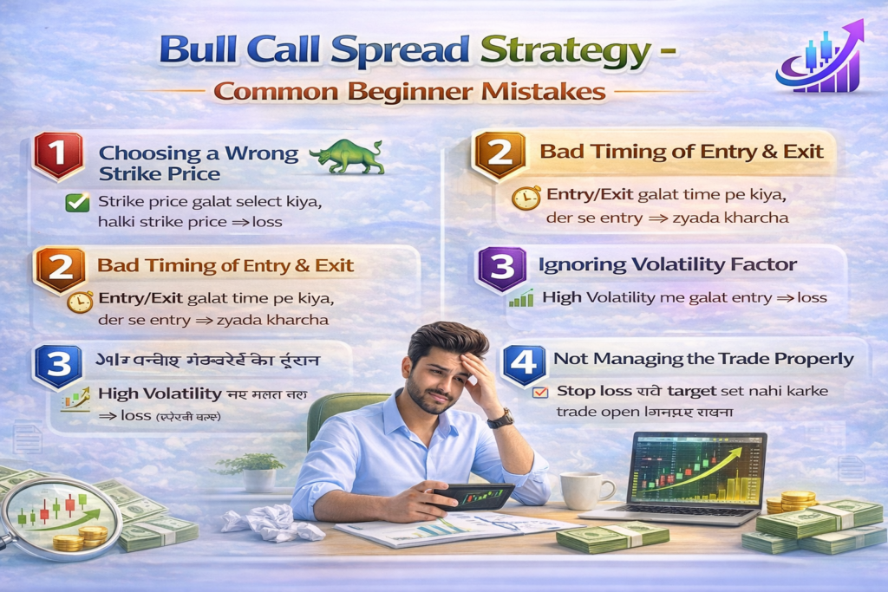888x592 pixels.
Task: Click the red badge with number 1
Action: [x=58, y=157]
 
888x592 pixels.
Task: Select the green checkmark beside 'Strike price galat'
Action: [x=77, y=203]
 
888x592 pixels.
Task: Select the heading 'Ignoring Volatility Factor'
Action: [x=667, y=264]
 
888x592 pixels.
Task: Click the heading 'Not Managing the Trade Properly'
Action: [x=703, y=359]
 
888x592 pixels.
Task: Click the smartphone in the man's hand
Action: [x=473, y=497]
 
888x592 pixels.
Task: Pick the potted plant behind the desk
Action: [x=250, y=472]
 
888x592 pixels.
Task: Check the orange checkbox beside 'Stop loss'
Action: [x=540, y=393]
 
